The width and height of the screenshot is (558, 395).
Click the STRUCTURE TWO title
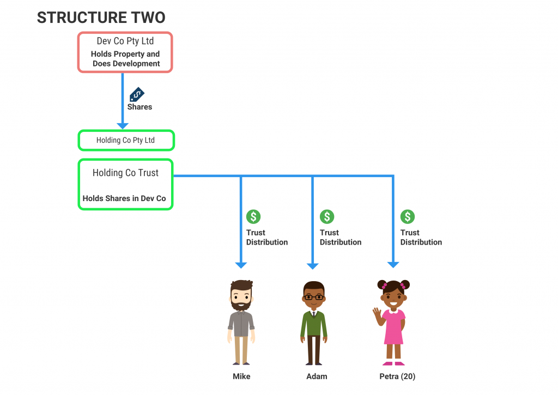(101, 17)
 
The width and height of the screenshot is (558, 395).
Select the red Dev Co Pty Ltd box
(125, 52)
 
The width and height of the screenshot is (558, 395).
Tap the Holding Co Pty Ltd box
(126, 140)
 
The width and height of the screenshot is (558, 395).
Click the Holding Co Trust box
(125, 184)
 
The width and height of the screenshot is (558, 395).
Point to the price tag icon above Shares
(137, 94)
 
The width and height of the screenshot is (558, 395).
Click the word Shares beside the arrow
(139, 107)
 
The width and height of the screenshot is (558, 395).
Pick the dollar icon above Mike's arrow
(253, 217)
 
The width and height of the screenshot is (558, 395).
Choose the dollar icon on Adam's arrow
(327, 217)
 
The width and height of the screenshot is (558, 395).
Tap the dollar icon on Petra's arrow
(408, 217)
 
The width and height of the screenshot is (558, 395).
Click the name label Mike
(241, 376)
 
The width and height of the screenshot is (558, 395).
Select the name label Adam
(317, 376)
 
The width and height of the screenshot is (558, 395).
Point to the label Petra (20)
(397, 376)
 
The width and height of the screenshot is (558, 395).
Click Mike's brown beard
(241, 304)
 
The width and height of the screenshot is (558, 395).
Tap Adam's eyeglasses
(313, 297)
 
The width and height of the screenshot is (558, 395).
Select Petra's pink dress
(393, 327)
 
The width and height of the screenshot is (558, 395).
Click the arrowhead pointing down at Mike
(241, 265)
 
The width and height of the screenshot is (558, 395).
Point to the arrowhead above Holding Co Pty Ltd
(123, 125)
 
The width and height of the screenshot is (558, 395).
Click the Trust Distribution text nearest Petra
(421, 238)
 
